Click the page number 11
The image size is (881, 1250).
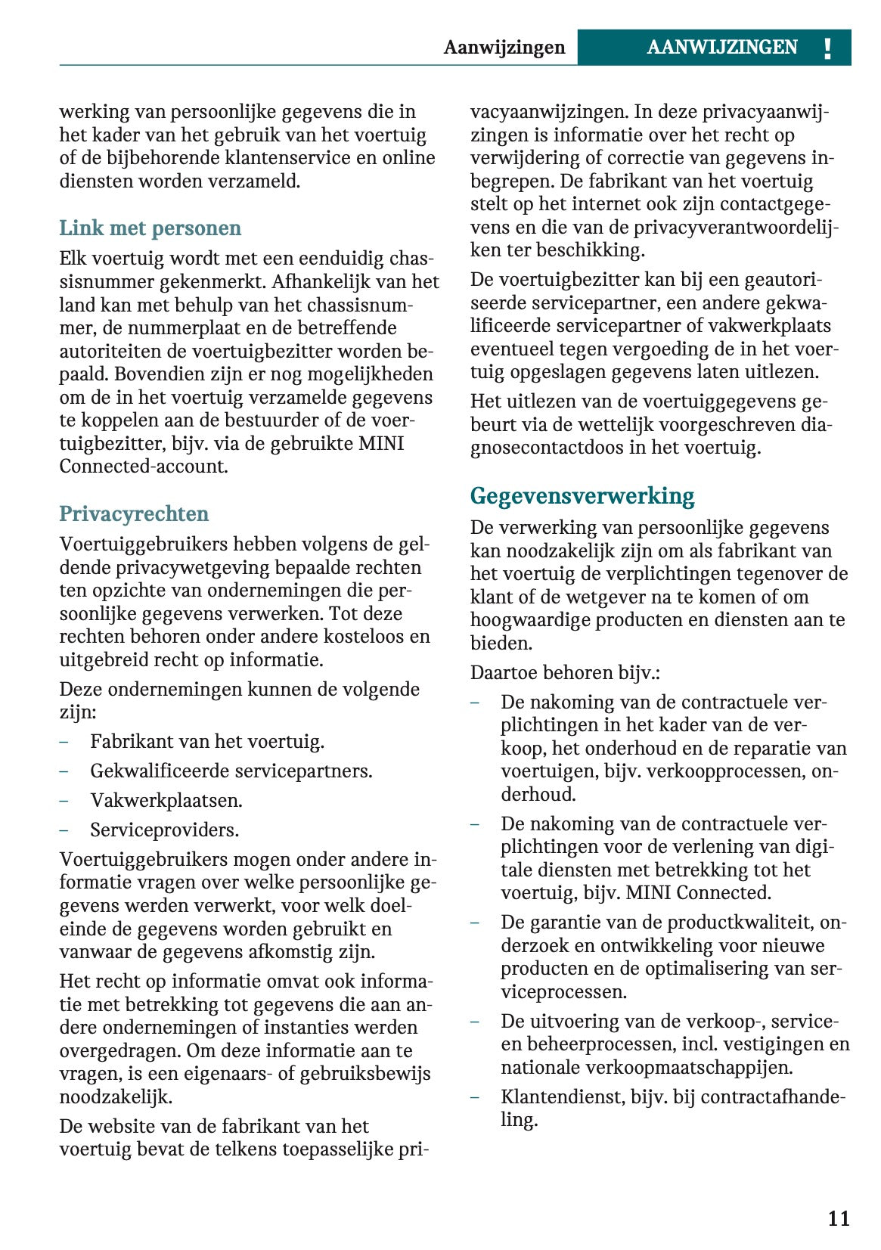839,1218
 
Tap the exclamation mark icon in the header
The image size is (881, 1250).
827,48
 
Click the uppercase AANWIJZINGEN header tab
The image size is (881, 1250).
721,48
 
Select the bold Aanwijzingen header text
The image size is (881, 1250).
504,48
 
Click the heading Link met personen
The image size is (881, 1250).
150,228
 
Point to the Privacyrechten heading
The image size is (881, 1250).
134,513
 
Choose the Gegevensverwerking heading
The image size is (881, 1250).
582,496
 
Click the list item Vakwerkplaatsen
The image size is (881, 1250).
166,800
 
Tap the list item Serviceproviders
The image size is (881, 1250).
164,830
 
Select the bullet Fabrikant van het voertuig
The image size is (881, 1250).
206,741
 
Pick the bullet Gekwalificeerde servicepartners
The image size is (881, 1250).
231,771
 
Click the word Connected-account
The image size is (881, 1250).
144,466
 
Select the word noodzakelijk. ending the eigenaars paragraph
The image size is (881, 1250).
116,1096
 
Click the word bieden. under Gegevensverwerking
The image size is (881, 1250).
501,643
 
